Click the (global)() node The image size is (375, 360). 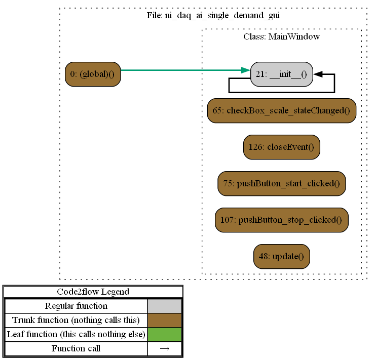pyautogui.click(x=92, y=74)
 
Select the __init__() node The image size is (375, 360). pyautogui.click(x=281, y=74)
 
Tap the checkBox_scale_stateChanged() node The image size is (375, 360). pyautogui.click(x=281, y=110)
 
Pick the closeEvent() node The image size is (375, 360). pyautogui.click(x=281, y=147)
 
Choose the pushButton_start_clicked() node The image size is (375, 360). pyautogui.click(x=281, y=183)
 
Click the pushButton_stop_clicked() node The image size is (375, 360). pyautogui.click(x=281, y=220)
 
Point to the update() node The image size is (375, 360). pyautogui.click(x=281, y=256)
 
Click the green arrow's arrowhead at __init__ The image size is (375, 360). pyautogui.click(x=246, y=70)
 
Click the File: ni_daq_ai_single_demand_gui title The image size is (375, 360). pyautogui.click(x=213, y=15)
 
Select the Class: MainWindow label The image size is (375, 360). pyautogui.click(x=281, y=36)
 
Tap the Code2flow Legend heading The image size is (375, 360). pyautogui.click(x=93, y=292)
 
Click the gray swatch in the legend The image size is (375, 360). pyautogui.click(x=164, y=306)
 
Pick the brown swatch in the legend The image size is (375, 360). pyautogui.click(x=164, y=320)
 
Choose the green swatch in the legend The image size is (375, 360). pyautogui.click(x=164, y=334)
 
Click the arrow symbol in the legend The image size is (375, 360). pyautogui.click(x=164, y=348)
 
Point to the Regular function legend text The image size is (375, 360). pyautogui.click(x=76, y=306)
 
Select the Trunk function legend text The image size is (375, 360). pyautogui.click(x=76, y=320)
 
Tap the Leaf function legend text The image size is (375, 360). pyautogui.click(x=76, y=334)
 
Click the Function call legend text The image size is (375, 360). pyautogui.click(x=76, y=348)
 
